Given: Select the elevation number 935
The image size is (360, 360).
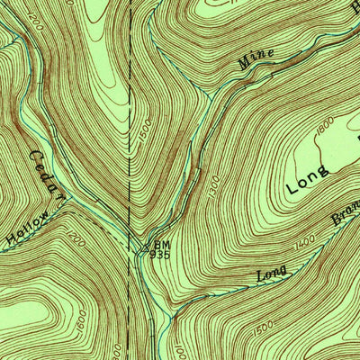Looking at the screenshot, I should (159, 255).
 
